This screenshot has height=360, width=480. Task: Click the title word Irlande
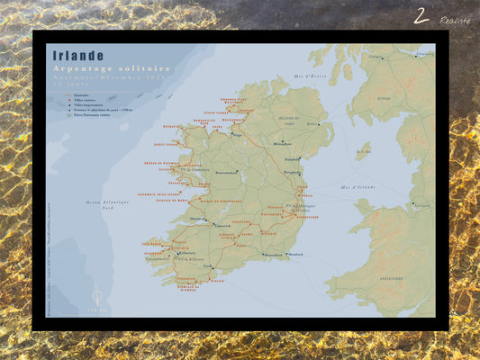pyautogui.click(x=78, y=56)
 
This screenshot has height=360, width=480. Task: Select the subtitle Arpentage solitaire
pyautogui.click(x=113, y=69)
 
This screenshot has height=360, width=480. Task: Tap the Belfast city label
pyautogui.click(x=312, y=124)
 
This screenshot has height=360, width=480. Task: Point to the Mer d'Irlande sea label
pyautogui.click(x=358, y=186)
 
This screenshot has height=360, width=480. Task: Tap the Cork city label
pyautogui.click(x=210, y=266)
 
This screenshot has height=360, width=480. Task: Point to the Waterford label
pyautogui.click(x=249, y=255)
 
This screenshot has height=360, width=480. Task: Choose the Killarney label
pyautogui.click(x=186, y=254)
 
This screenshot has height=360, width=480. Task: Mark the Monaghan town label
pyautogui.click(x=282, y=143)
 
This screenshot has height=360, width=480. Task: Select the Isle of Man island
pyautogui.click(x=362, y=149)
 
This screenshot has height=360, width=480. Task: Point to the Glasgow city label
pyautogui.click(x=374, y=57)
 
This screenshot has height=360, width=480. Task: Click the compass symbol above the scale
pyautogui.click(x=97, y=296)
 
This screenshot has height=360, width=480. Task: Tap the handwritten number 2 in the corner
pyautogui.click(x=421, y=15)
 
